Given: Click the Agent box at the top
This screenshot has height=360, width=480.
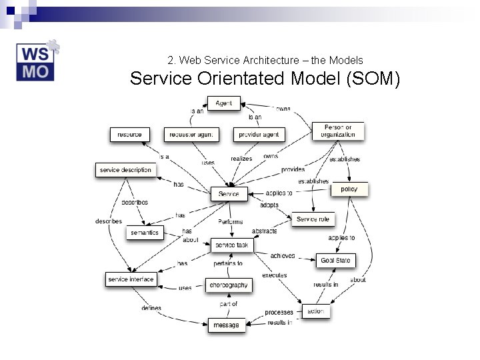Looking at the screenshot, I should coord(224,103).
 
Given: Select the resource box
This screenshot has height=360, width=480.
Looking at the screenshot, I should coord(129,134).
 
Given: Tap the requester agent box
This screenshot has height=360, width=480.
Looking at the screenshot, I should coord(191,134).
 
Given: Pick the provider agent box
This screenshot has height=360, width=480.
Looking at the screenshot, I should coord(259,134).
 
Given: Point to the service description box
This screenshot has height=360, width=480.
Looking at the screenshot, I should coord(125,170).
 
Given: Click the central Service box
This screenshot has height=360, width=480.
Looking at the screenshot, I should coord(229,194).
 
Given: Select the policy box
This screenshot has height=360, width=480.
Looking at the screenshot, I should coord(349,189).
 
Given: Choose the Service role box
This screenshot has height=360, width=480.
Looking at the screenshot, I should coord(313,219).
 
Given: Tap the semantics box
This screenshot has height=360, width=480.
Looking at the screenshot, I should coord(145,233).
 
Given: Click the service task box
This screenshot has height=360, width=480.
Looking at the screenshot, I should coord(232,245).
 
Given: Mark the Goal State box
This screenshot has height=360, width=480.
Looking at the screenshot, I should coord(335,260).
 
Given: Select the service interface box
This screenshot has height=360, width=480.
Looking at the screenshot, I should coord(131,279).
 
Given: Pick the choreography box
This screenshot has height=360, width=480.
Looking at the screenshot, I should coord(229,285).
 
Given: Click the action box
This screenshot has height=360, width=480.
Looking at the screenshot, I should coord(316,311).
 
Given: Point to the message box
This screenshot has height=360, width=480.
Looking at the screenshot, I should coord(227,325).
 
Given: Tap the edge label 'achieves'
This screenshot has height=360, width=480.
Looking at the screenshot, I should coord(283,255).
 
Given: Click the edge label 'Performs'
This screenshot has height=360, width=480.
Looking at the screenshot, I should coord(231,221).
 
